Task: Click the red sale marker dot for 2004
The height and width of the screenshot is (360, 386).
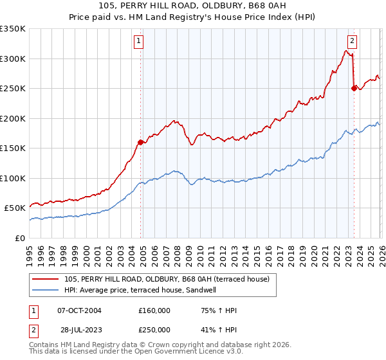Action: point(140,142)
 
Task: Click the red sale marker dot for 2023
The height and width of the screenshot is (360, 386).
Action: point(354,89)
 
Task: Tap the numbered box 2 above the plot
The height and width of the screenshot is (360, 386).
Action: point(353,42)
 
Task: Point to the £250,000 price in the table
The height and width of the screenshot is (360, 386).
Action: point(154,329)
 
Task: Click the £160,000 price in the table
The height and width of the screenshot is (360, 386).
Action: point(154,310)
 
